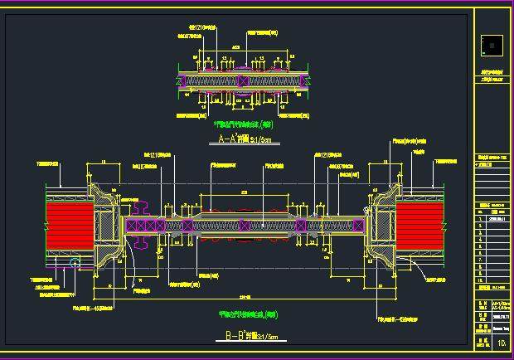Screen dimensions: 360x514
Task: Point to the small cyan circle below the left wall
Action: coord(75,264)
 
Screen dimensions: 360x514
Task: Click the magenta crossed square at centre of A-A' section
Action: coord(241,80)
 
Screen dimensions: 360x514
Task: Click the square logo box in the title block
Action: coord(492,43)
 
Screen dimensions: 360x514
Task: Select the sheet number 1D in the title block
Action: coord(500,339)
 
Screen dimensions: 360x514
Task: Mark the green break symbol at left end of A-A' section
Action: coord(177,80)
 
